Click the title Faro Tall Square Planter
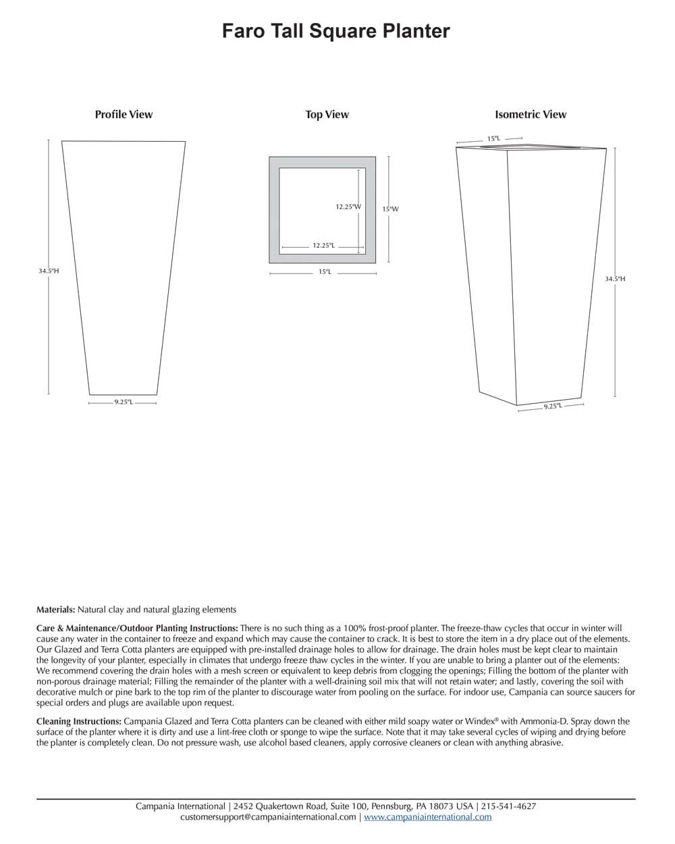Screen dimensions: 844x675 [x=335, y=31]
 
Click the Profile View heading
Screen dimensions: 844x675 [x=124, y=114]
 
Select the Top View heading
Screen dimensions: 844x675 [x=327, y=114]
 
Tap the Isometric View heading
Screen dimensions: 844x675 [x=531, y=114]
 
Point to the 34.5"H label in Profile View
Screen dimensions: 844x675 [x=49, y=271]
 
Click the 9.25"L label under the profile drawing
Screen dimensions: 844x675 [x=123, y=402]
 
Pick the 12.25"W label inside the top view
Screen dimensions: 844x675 [x=348, y=207]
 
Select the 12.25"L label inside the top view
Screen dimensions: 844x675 [x=323, y=246]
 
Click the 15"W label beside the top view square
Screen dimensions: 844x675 [x=390, y=209]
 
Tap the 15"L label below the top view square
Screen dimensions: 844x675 [x=325, y=272]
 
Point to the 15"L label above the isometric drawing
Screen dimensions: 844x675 [x=493, y=139]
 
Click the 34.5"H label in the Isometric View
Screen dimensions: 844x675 [x=615, y=278]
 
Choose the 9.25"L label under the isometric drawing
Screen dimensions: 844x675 [x=552, y=406]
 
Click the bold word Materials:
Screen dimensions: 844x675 [x=56, y=609]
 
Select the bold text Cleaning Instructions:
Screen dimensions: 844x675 [x=79, y=722]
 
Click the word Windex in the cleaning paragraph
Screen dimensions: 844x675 [x=479, y=722]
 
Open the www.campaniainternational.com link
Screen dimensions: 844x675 [x=428, y=817]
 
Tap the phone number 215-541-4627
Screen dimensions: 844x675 [x=509, y=806]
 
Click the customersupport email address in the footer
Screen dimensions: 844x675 [x=268, y=817]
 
